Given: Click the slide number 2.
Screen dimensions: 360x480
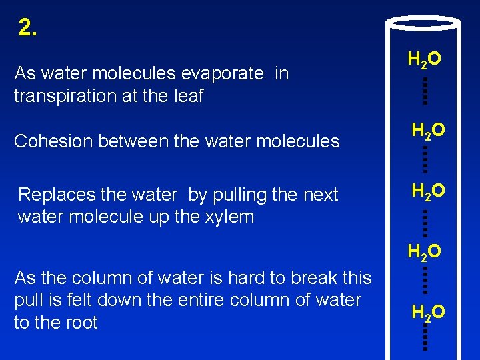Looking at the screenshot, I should click(x=28, y=28).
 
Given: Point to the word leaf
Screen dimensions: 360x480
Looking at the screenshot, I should click(x=189, y=96).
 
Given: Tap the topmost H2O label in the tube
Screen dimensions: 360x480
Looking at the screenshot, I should click(x=424, y=60).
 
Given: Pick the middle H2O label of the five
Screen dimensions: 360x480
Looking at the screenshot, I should click(x=428, y=192).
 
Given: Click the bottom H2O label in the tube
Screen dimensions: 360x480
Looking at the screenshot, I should click(x=428, y=312).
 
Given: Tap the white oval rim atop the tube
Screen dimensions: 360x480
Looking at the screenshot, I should click(x=424, y=23).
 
